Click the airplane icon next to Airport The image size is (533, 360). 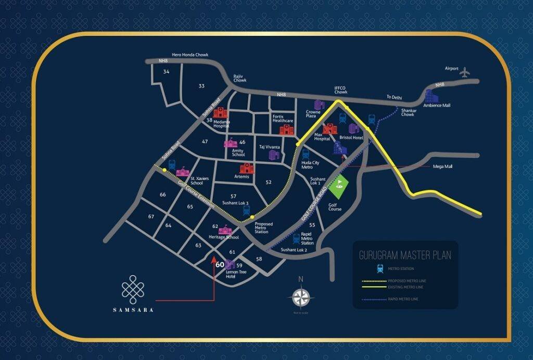pos(464,73)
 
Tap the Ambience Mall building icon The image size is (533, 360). pos(429,96)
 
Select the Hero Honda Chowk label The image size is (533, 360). pos(189,55)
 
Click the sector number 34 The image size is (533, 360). pos(166,72)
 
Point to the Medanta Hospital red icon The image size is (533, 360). pos(220,113)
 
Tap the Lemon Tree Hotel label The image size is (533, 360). pos(227,274)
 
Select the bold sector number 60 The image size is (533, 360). pos(220,264)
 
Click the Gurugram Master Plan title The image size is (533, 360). pos(405,255)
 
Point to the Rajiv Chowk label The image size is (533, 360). pos(240,78)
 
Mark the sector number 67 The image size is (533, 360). pos(151,216)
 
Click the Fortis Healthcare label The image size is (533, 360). pos(283,119)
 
